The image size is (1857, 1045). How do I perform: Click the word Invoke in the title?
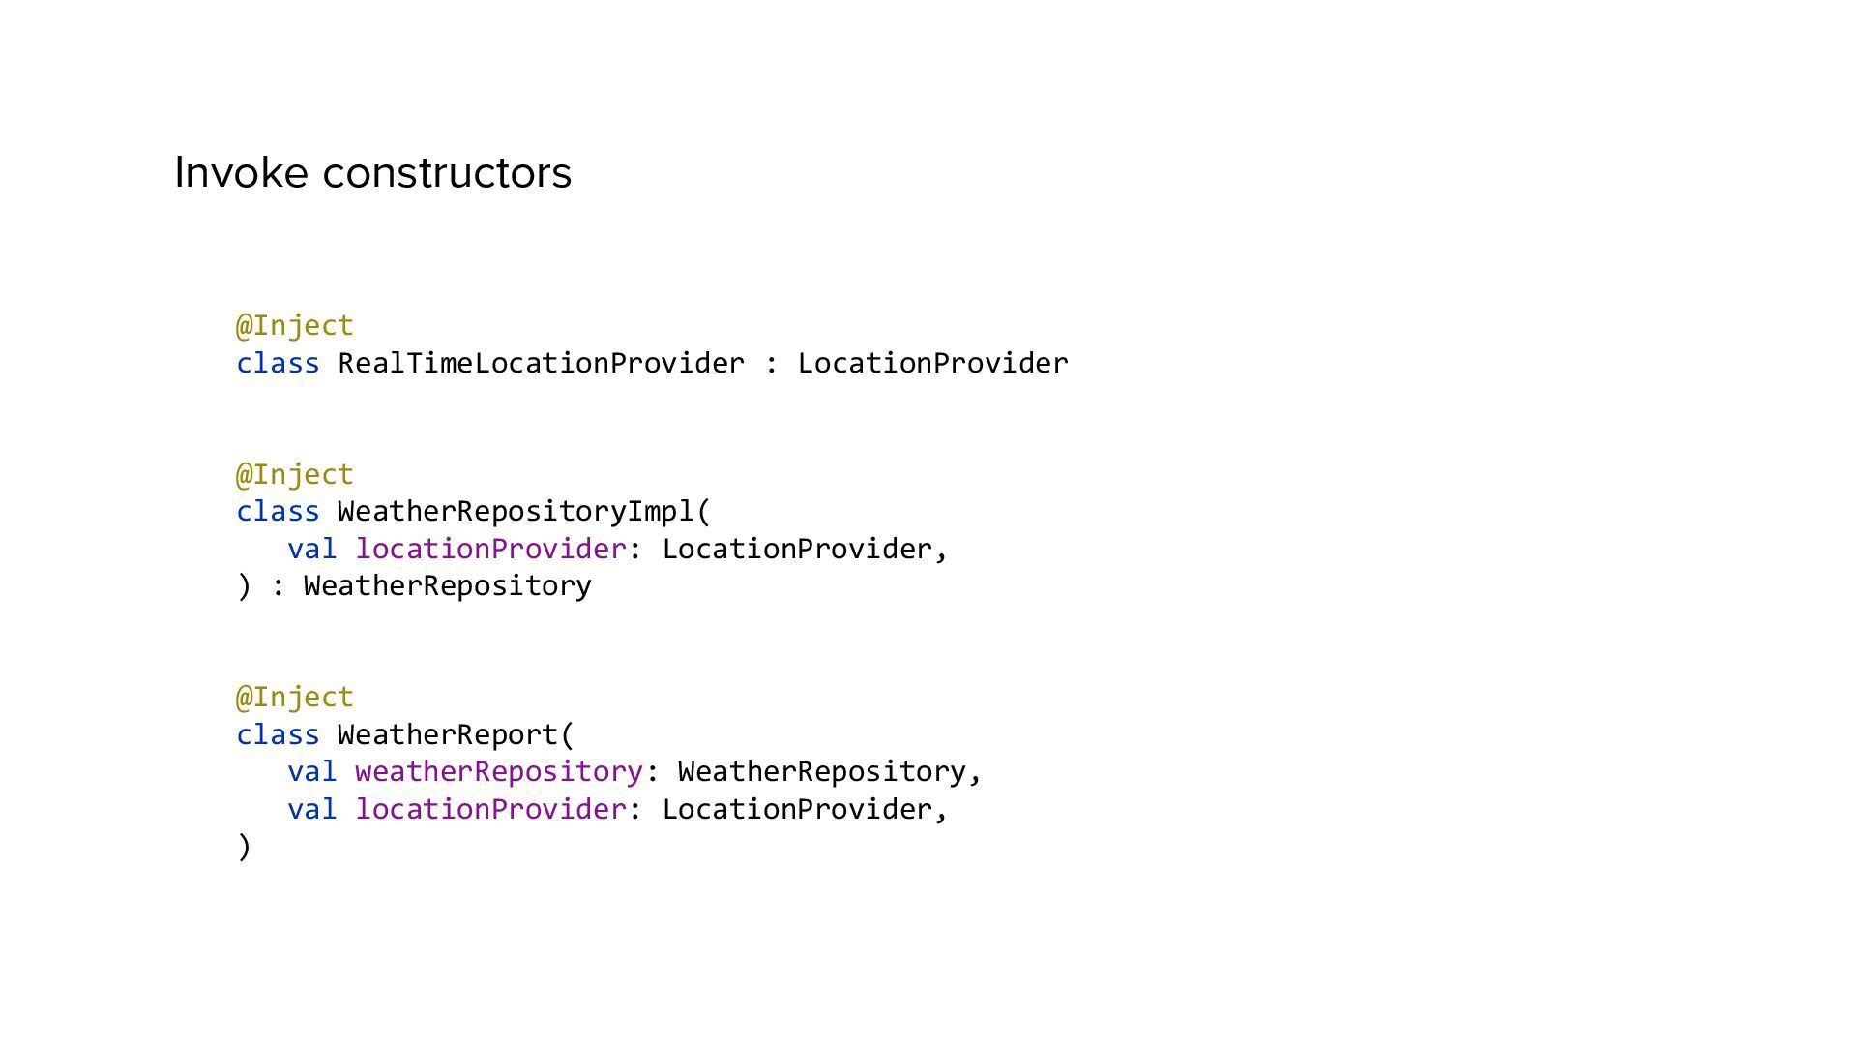point(242,173)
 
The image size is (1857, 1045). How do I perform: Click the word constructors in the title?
point(447,173)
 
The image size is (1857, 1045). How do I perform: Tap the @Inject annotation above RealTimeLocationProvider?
point(295,326)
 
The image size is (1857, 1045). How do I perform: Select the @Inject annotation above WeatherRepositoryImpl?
point(295,475)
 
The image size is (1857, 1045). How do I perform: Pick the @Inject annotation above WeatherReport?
point(295,698)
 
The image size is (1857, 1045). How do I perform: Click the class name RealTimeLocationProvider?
point(541,364)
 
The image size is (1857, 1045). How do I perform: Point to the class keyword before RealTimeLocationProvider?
point(278,364)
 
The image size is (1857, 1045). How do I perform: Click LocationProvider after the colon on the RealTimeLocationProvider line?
point(932,364)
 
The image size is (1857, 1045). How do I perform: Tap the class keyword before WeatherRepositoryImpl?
point(278,512)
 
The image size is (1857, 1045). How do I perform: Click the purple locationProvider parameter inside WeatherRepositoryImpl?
point(491,550)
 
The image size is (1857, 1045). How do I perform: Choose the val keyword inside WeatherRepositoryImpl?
point(311,550)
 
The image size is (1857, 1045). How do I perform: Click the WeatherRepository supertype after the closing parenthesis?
point(447,586)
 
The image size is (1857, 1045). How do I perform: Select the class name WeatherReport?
point(447,735)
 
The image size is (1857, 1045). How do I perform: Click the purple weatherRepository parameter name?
point(499,772)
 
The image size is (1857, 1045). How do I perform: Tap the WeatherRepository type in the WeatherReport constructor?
point(821,772)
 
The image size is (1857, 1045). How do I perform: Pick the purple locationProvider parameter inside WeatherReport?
point(491,810)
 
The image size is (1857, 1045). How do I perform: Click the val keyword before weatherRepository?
point(311,772)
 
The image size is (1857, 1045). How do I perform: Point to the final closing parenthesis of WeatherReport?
point(244,847)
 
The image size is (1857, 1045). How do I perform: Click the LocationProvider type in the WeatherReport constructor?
point(796,810)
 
